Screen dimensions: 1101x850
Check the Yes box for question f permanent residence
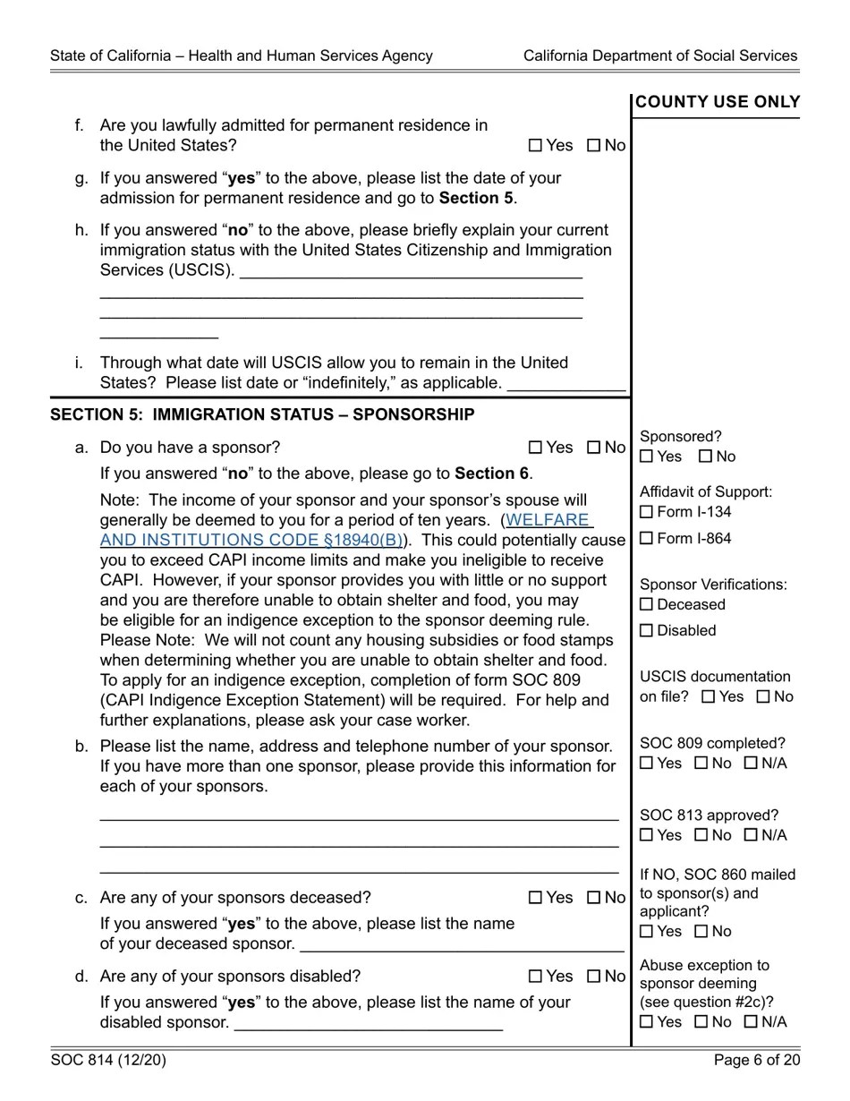click(x=536, y=146)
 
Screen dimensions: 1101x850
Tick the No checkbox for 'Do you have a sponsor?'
click(x=594, y=448)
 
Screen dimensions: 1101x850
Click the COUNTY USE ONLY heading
click(x=717, y=103)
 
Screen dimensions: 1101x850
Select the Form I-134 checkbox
click(x=647, y=512)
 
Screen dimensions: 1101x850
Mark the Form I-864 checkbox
click(x=647, y=539)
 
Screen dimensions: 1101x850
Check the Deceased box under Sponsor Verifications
click(x=647, y=605)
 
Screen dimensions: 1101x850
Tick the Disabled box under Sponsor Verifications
click(x=647, y=631)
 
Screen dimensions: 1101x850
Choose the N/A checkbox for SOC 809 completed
click(x=751, y=764)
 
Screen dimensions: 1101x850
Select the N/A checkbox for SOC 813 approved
click(x=751, y=836)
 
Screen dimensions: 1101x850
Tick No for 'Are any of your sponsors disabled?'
click(x=594, y=977)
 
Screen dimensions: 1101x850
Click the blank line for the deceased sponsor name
click(x=462, y=944)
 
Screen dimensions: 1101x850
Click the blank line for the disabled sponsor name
click(x=368, y=1023)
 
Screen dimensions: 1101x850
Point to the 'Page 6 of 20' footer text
click(x=756, y=1061)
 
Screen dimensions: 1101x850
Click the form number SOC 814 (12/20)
click(x=108, y=1061)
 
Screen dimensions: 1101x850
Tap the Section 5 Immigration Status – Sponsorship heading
click(x=262, y=415)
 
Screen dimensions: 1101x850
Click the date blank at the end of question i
click(x=565, y=384)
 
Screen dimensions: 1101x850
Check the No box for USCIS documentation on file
click(x=763, y=697)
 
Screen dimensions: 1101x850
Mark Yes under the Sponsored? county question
click(x=647, y=457)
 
